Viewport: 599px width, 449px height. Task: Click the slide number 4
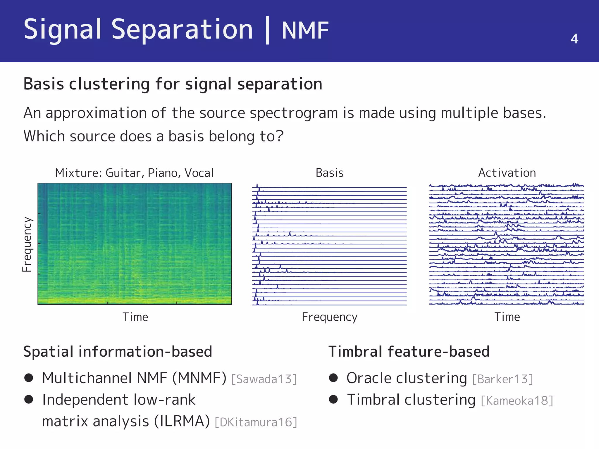point(574,39)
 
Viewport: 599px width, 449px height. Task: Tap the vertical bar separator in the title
point(267,30)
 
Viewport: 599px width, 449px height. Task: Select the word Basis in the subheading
point(44,84)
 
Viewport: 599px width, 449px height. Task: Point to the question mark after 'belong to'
point(280,136)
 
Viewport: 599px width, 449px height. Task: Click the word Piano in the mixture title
point(163,173)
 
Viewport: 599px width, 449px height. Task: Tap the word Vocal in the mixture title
point(199,173)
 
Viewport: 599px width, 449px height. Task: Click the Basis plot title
point(329,173)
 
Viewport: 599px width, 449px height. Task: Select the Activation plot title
point(507,173)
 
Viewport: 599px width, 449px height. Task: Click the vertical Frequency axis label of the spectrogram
point(27,244)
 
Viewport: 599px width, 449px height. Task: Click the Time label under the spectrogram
point(135,317)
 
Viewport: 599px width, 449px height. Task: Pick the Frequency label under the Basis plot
point(329,317)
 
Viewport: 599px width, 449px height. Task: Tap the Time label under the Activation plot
point(507,317)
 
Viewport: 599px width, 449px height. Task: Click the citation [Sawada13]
point(264,379)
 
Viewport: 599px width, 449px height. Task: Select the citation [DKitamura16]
point(256,422)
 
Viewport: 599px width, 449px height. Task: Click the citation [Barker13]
point(502,379)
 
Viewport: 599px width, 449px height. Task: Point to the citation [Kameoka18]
point(517,401)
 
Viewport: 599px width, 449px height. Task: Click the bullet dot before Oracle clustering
point(333,378)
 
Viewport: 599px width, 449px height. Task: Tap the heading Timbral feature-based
point(409,352)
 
